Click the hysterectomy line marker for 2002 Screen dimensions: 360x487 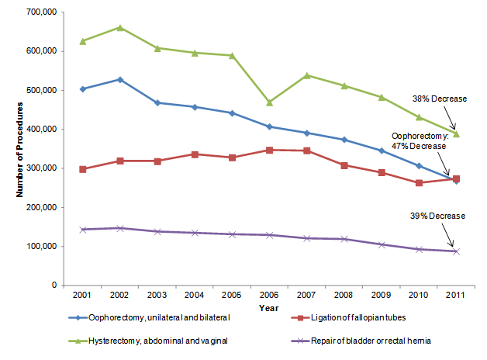click(x=120, y=27)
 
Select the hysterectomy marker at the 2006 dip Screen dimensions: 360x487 click(x=269, y=102)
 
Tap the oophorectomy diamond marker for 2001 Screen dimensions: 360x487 click(x=82, y=88)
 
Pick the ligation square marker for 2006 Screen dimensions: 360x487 click(x=269, y=150)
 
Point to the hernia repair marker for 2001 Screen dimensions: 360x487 click(x=82, y=230)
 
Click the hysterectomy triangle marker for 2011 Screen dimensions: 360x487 click(x=457, y=133)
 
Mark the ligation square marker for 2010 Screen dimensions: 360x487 click(x=419, y=183)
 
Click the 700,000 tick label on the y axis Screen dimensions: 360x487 click(x=37, y=12)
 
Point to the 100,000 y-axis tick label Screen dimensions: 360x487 click(x=37, y=247)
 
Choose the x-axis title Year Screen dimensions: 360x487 click(x=268, y=308)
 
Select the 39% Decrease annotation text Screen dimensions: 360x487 click(x=437, y=216)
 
